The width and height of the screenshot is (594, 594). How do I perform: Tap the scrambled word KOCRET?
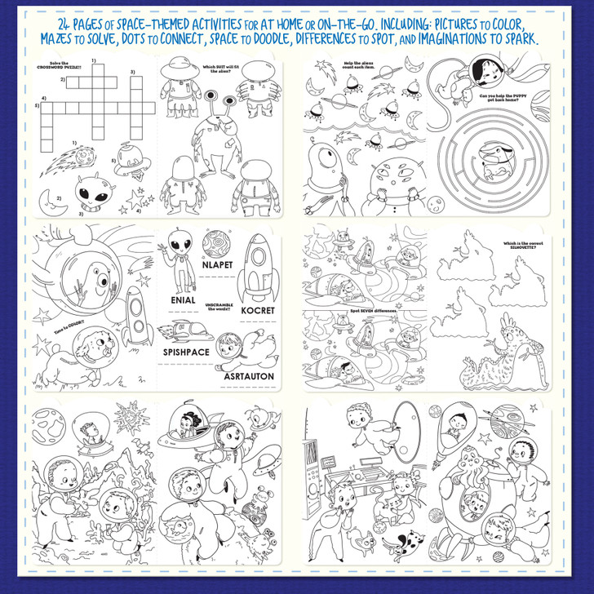[x=257, y=310]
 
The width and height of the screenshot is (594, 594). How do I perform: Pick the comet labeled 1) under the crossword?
[x=59, y=161]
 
